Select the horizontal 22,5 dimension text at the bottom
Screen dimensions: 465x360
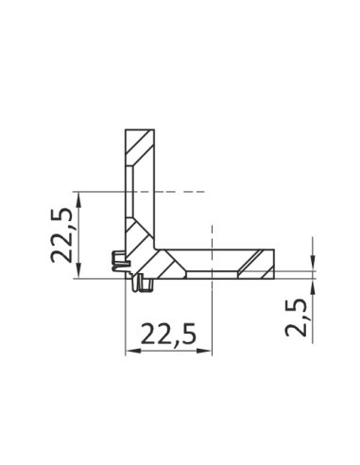click(168, 333)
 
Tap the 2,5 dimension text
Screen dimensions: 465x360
click(295, 318)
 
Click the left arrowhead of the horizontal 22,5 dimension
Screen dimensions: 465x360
click(130, 352)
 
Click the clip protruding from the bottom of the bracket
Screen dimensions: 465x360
click(144, 283)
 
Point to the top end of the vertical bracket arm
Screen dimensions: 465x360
click(139, 130)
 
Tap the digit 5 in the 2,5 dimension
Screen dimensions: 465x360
click(295, 305)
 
